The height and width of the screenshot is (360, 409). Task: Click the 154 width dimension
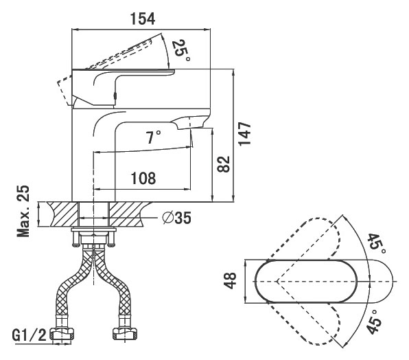(143, 19)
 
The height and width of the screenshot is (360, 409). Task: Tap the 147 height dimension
(245, 134)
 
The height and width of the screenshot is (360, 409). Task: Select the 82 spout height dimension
(224, 164)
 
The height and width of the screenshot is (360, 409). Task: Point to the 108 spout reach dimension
(143, 179)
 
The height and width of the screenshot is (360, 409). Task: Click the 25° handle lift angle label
(180, 50)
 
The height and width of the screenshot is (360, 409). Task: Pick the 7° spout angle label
(154, 137)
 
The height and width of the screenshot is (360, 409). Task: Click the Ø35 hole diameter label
(176, 218)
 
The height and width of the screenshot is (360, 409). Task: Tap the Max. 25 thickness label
(23, 211)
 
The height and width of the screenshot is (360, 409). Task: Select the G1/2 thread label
(30, 335)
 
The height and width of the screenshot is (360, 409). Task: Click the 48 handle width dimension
(231, 281)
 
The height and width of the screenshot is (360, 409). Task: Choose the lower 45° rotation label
(373, 322)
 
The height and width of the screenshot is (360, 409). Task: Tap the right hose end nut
(125, 334)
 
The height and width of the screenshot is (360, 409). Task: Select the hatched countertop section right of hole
(128, 214)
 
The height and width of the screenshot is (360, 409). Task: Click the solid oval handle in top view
(306, 281)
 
